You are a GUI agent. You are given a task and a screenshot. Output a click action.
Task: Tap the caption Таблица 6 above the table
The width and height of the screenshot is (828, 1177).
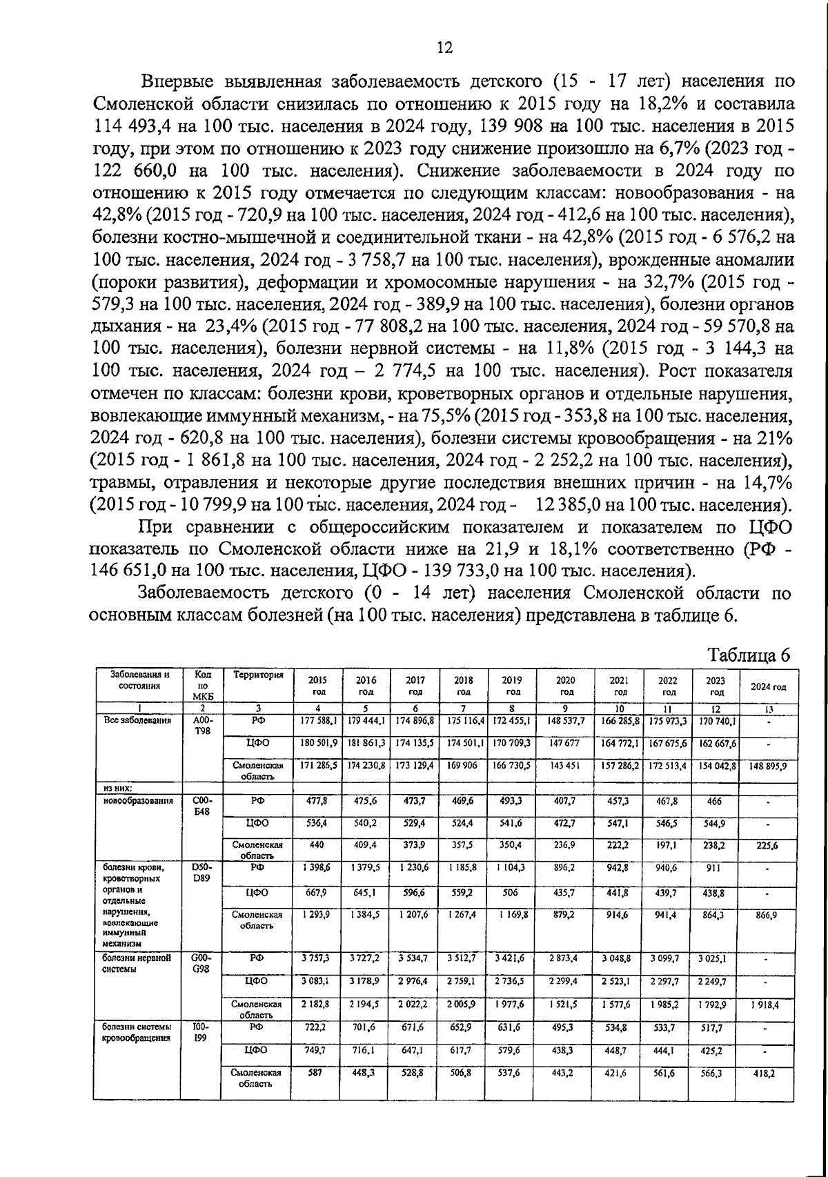tap(749, 655)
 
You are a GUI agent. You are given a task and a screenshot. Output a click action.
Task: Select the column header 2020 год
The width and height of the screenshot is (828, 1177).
tap(566, 685)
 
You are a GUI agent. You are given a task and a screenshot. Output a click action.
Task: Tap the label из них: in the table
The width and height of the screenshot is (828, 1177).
tap(117, 788)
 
